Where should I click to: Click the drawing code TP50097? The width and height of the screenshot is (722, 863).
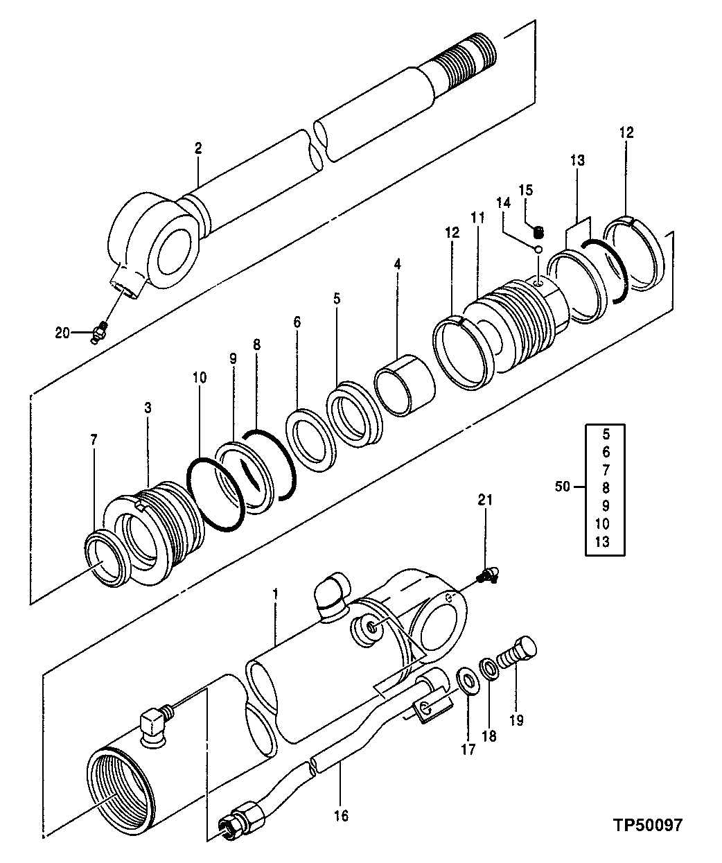click(647, 825)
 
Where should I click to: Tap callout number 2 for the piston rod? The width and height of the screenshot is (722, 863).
click(198, 148)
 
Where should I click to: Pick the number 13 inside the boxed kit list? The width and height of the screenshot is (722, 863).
click(602, 541)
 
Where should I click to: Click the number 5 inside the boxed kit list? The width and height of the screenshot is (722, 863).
click(602, 435)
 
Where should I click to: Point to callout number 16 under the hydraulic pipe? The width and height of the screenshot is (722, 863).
click(340, 816)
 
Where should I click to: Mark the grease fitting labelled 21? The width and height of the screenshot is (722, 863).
click(488, 574)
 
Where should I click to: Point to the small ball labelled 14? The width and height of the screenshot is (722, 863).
click(537, 247)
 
